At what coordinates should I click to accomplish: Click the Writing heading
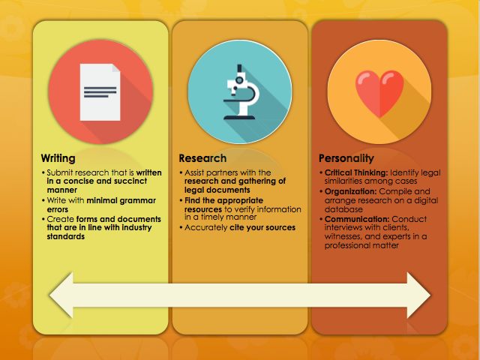click(58, 158)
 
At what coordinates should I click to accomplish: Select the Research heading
click(202, 158)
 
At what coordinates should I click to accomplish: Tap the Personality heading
click(346, 158)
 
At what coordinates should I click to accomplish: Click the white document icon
click(100, 92)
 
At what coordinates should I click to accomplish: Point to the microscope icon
click(241, 91)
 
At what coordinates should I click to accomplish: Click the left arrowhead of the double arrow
click(61, 295)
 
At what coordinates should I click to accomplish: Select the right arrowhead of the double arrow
click(418, 295)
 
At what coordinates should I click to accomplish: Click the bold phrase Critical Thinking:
click(356, 172)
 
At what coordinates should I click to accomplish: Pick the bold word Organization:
click(350, 192)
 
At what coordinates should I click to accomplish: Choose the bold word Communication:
click(357, 219)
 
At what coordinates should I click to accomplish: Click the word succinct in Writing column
click(130, 181)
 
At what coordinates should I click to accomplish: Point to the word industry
click(136, 228)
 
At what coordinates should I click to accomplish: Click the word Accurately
click(206, 228)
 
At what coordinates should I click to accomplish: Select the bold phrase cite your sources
click(262, 228)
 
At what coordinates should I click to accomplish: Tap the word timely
click(211, 217)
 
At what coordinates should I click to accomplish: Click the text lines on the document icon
click(100, 92)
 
